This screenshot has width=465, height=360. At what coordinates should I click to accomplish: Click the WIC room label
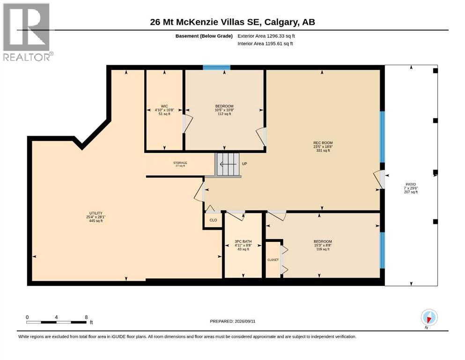pos(164,106)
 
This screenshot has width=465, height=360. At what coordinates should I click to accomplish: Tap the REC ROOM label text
pos(323,143)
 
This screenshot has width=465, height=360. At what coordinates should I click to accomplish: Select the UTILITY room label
pos(96,213)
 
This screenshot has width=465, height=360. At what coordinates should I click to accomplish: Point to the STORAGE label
pos(180,163)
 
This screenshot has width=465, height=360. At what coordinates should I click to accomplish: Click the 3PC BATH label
pos(243,241)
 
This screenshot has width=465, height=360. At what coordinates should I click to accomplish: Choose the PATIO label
pos(411,184)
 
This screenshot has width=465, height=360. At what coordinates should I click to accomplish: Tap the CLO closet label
pos(213,220)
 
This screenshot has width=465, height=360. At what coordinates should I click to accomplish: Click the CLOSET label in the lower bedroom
pos(273,260)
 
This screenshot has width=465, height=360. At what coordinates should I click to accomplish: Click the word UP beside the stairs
pos(244,164)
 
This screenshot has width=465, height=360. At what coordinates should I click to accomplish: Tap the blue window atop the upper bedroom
pos(216,67)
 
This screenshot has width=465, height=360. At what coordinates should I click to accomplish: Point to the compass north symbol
pos(429,317)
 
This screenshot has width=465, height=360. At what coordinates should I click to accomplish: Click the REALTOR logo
pos(27,32)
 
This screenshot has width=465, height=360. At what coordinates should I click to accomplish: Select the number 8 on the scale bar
pos(86,317)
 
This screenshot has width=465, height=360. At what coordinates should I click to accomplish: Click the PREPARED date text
pos(232,321)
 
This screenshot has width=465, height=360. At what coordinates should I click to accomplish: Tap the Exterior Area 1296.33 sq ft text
pos(266,36)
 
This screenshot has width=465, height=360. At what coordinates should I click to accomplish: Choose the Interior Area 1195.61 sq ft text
pos(265,44)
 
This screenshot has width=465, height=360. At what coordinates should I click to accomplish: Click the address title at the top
pos(232,22)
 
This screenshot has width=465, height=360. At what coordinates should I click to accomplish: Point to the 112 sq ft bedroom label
pos(224,110)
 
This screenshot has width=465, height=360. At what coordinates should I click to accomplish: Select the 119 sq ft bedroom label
pos(323,246)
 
